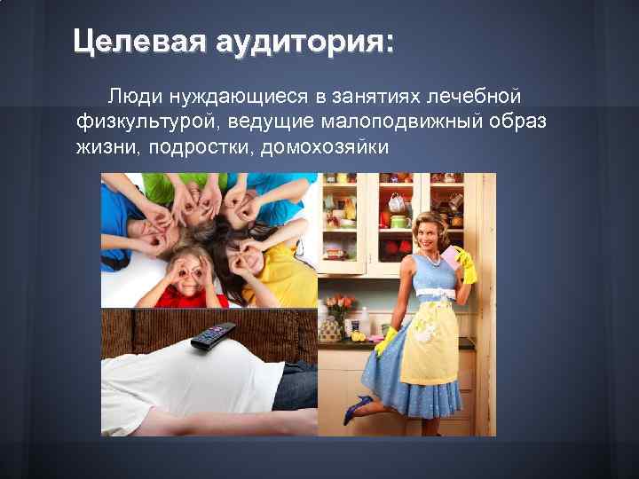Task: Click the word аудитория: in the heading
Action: pos(303,42)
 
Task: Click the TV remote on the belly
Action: pos(212,335)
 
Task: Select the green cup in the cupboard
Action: pos(399,222)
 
